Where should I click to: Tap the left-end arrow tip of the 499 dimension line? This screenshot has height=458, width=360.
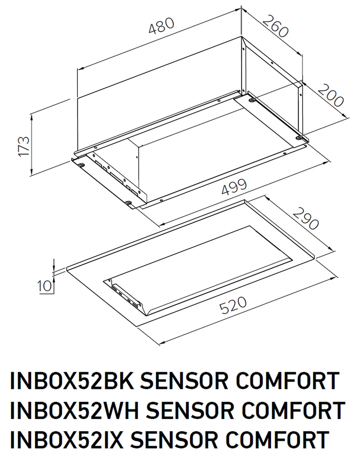click(160, 225)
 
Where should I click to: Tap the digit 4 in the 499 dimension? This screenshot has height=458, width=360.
click(227, 190)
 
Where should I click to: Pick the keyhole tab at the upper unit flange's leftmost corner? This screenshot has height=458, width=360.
click(82, 165)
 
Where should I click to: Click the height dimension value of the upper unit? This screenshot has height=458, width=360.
click(24, 146)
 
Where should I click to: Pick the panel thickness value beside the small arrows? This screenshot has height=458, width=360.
click(44, 286)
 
